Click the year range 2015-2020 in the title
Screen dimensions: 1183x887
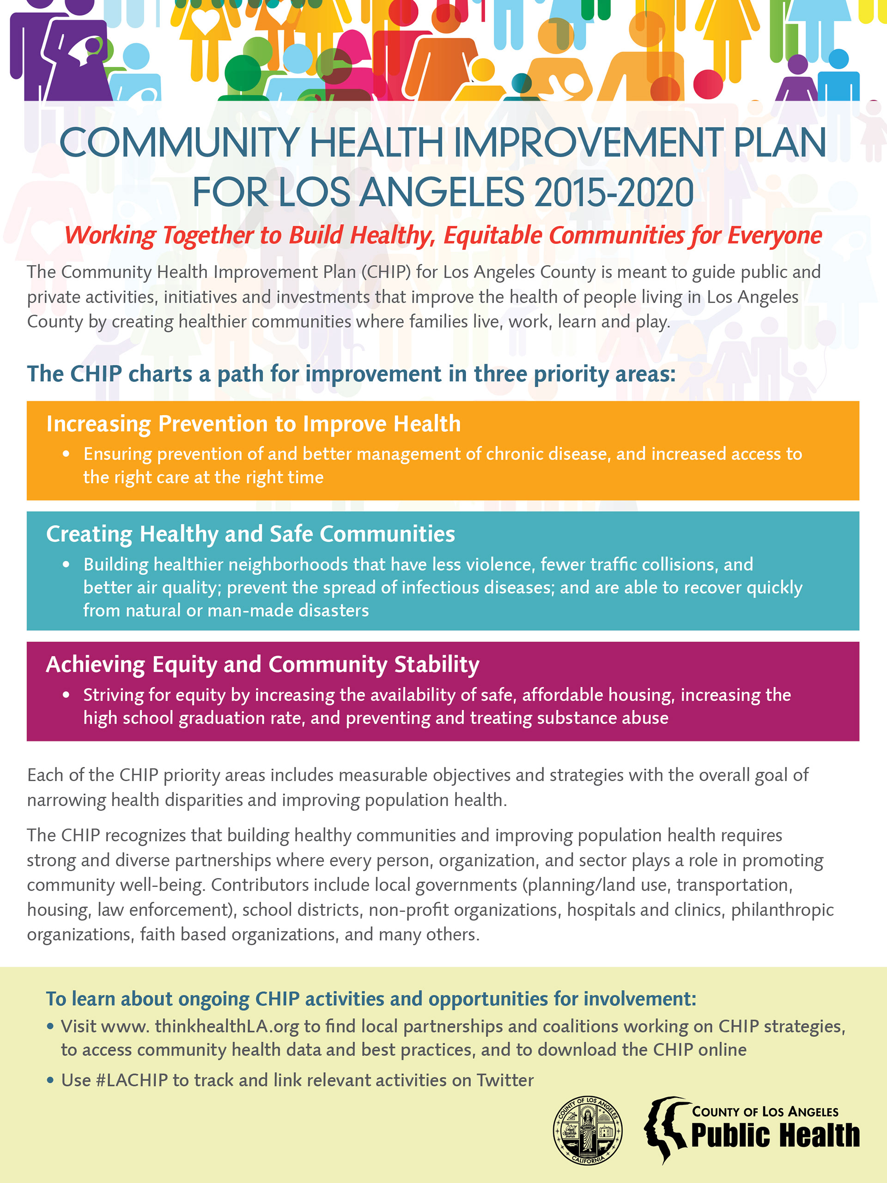(x=614, y=193)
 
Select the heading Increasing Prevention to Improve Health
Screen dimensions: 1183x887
(x=253, y=424)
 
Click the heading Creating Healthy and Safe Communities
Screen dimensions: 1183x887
(x=250, y=534)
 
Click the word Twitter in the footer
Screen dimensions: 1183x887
(x=505, y=1080)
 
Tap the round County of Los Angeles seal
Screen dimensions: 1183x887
(x=588, y=1129)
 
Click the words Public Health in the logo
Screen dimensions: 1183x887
(x=775, y=1135)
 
